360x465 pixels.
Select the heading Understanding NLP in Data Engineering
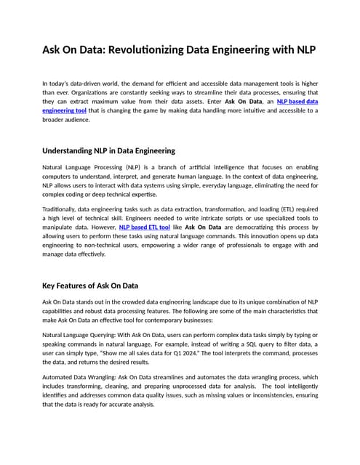point(109,150)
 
